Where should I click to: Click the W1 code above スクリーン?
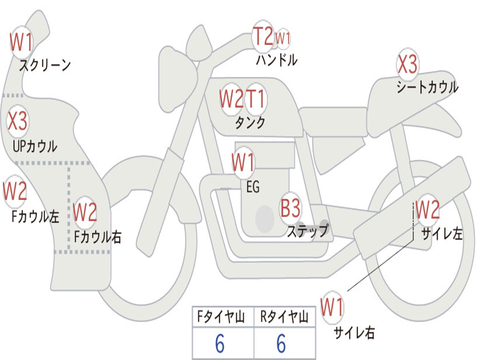[x=21, y=42]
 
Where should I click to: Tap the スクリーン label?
[x=45, y=65]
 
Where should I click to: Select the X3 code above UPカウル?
[x=17, y=121]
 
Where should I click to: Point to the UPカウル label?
[x=35, y=146]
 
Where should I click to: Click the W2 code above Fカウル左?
[x=15, y=191]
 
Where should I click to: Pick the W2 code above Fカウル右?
[x=85, y=212]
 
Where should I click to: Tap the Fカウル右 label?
[x=97, y=237]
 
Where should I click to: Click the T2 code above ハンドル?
[x=263, y=36]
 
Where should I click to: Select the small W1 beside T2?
[x=283, y=38]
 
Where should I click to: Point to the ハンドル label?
[x=277, y=60]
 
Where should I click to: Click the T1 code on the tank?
[x=255, y=98]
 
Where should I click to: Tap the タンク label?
[x=250, y=122]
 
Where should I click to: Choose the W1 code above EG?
[x=243, y=162]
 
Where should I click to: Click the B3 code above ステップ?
[x=291, y=208]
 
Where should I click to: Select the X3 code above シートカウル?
[x=407, y=64]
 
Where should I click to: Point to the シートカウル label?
[x=427, y=87]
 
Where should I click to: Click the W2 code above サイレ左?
[x=427, y=210]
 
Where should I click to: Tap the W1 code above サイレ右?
[x=332, y=307]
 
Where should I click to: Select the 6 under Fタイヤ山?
[x=220, y=344]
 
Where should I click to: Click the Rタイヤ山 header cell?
[x=285, y=317]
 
